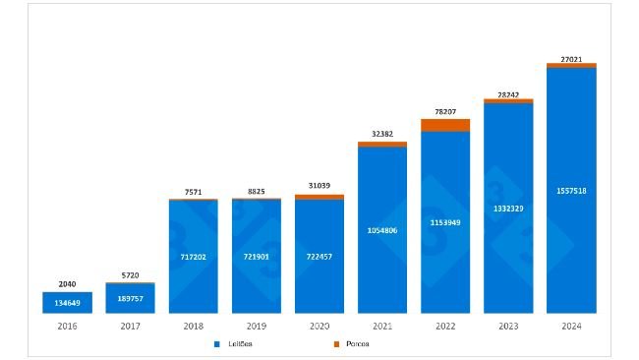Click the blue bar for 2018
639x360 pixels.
tap(193, 256)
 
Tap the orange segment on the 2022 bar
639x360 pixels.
tap(445, 125)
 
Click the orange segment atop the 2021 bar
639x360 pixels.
tap(382, 145)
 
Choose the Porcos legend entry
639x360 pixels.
tap(351, 344)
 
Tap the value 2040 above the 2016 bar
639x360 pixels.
tap(67, 283)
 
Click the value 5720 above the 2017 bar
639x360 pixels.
tap(130, 275)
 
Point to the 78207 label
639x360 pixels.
tap(445, 111)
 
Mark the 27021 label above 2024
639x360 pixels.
tap(571, 58)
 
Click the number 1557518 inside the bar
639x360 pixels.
tap(571, 191)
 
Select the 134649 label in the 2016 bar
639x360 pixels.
tap(67, 303)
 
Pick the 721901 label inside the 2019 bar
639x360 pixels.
tap(256, 257)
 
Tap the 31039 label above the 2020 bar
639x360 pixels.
tap(319, 187)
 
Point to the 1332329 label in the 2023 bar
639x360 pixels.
tap(508, 209)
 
